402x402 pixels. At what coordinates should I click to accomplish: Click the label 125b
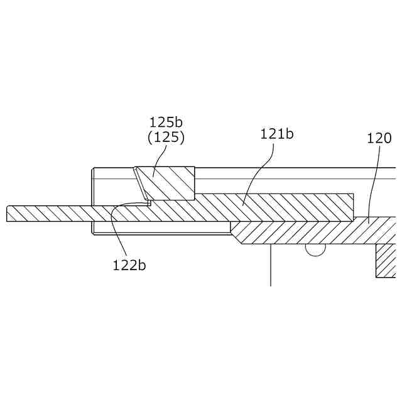[x=166, y=122]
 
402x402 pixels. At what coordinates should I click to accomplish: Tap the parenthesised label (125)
[x=166, y=137]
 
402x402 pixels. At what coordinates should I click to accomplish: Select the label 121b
[x=277, y=134]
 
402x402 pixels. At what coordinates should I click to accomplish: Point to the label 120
[x=379, y=138]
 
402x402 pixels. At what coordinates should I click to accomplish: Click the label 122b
[x=129, y=264]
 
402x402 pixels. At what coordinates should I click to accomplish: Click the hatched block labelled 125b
[x=168, y=183]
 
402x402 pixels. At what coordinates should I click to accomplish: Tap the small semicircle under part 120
[x=315, y=249]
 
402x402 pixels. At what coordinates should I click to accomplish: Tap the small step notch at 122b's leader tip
[x=149, y=203]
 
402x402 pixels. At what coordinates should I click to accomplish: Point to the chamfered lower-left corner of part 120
[x=236, y=237]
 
